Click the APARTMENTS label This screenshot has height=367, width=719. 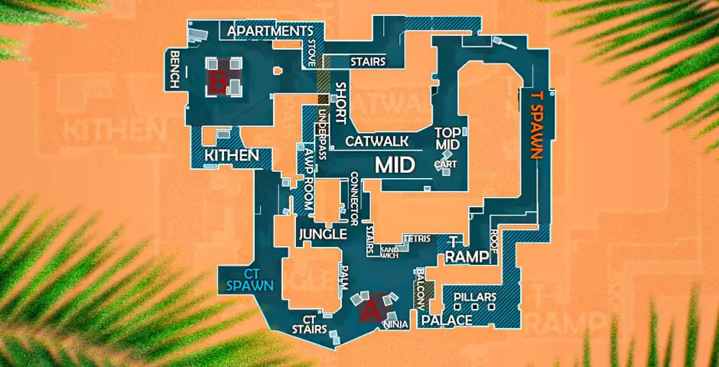(x=266, y=31)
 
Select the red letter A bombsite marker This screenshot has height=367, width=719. (x=370, y=310)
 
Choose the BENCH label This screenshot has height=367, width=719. (x=176, y=70)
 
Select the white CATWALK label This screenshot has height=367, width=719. (x=377, y=141)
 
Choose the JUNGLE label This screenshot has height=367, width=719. (x=323, y=234)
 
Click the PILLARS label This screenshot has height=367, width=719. (x=475, y=297)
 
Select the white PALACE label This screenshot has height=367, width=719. (x=447, y=320)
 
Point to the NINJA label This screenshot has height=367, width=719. (x=395, y=326)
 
